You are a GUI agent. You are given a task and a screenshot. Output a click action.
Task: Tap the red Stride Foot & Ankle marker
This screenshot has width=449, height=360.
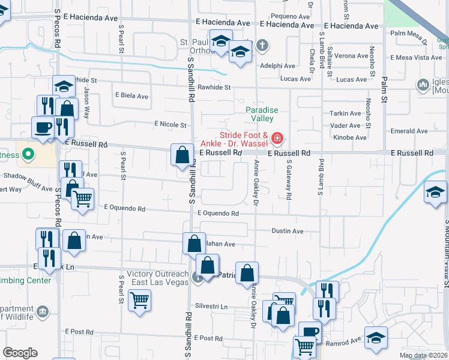pos(277,139)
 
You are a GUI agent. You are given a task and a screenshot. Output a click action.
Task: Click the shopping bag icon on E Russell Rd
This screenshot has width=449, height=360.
pos(182,155)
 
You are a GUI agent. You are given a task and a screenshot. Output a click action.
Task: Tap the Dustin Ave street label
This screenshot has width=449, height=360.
pos(288,231)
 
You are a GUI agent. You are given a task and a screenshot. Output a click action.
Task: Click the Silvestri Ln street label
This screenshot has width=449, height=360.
pos(215,307)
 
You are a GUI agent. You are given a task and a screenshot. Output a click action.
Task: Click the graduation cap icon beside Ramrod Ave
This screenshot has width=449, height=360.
pos(376,337)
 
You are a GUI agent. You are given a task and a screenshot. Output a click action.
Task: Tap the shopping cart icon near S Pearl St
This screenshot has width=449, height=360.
pos(140,300)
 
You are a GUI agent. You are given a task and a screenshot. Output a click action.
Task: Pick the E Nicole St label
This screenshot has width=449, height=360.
pos(170,124)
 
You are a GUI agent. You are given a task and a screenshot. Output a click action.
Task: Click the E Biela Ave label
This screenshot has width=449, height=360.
pos(131,96)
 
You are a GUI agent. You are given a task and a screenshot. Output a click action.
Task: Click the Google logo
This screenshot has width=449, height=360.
pos(20,353)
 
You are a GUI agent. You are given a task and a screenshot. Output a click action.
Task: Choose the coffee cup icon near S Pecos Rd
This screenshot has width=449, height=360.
pos(43,127)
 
